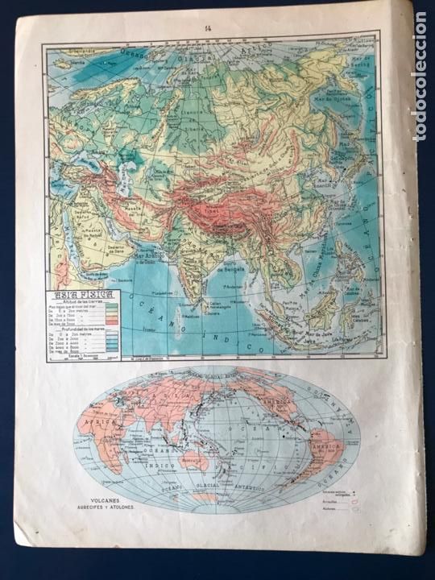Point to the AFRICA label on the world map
point(102,422)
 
